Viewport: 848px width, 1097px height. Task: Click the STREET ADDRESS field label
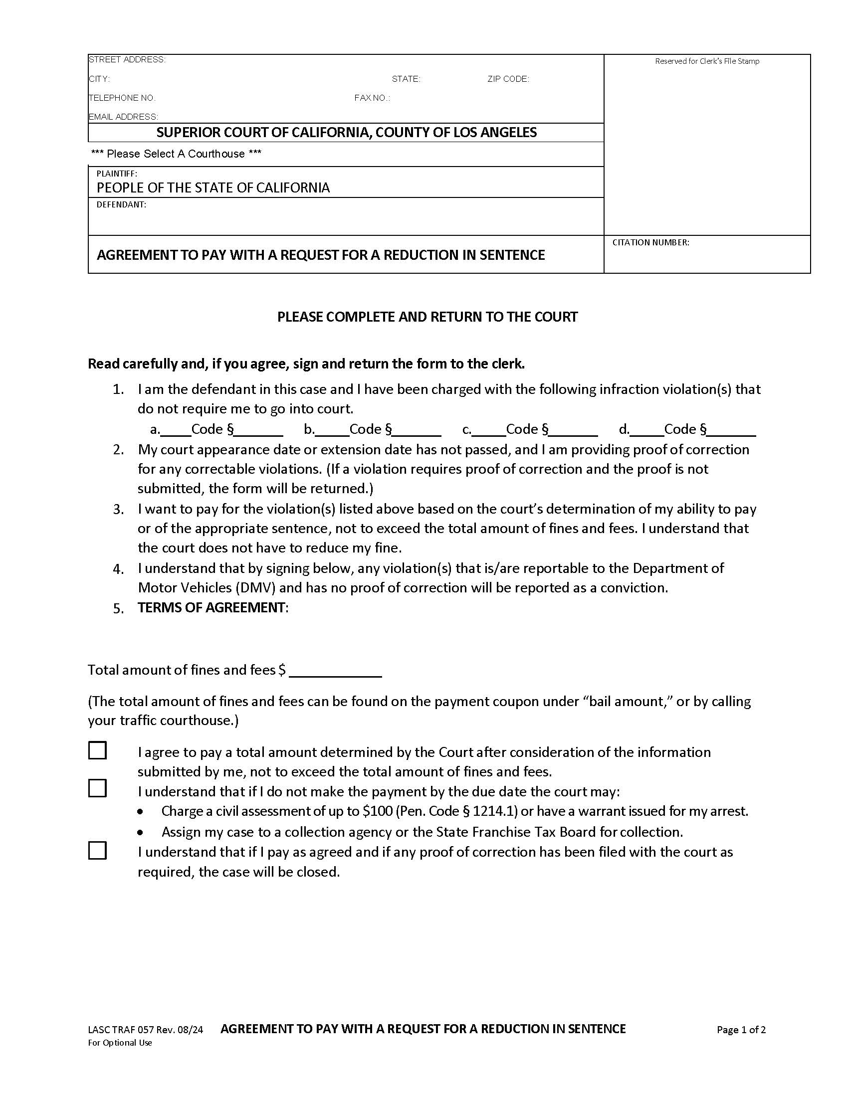(x=127, y=60)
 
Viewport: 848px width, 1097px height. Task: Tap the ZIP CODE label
(x=508, y=79)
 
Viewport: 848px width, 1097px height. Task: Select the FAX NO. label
(x=372, y=98)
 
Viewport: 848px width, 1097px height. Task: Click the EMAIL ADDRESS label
(x=123, y=117)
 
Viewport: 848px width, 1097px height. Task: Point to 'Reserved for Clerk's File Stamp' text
(x=707, y=61)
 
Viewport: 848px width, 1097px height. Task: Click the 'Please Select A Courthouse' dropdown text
(x=176, y=154)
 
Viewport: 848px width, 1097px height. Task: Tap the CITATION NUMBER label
(x=650, y=243)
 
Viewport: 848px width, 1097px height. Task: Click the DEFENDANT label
(x=121, y=205)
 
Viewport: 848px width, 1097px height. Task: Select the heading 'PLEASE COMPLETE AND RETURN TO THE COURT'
(x=427, y=317)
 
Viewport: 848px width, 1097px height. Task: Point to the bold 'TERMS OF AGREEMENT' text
(x=212, y=608)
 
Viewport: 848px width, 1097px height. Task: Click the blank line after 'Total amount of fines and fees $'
(x=335, y=671)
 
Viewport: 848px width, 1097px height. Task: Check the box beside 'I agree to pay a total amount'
(x=97, y=750)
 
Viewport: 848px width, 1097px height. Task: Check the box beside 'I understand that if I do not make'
(x=97, y=789)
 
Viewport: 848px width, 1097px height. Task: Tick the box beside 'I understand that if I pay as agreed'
(x=97, y=851)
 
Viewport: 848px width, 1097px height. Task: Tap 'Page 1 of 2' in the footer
(x=741, y=1030)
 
